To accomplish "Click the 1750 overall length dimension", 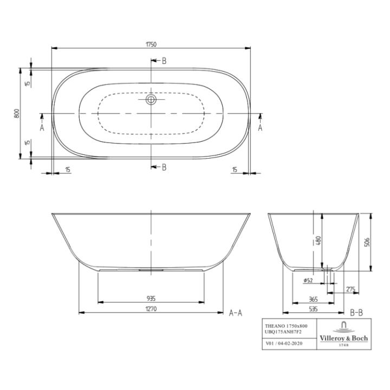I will coord(151,44).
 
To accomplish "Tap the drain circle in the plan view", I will coord(152,100).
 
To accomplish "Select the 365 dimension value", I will coord(313,298).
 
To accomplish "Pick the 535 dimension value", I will coord(313,309).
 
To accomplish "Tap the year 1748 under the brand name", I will coord(343,344).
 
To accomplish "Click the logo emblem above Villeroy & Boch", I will coord(344,327).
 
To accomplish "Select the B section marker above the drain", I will coord(164,61).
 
